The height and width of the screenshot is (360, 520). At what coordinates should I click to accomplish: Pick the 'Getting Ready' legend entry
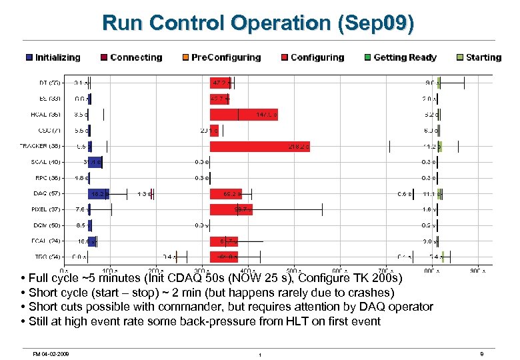coord(400,57)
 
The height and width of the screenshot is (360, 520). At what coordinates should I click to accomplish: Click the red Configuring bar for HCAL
coord(243,115)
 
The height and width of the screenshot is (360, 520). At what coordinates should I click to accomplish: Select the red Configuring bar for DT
coord(220,83)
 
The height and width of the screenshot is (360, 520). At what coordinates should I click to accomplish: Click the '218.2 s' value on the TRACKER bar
coord(298,147)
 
